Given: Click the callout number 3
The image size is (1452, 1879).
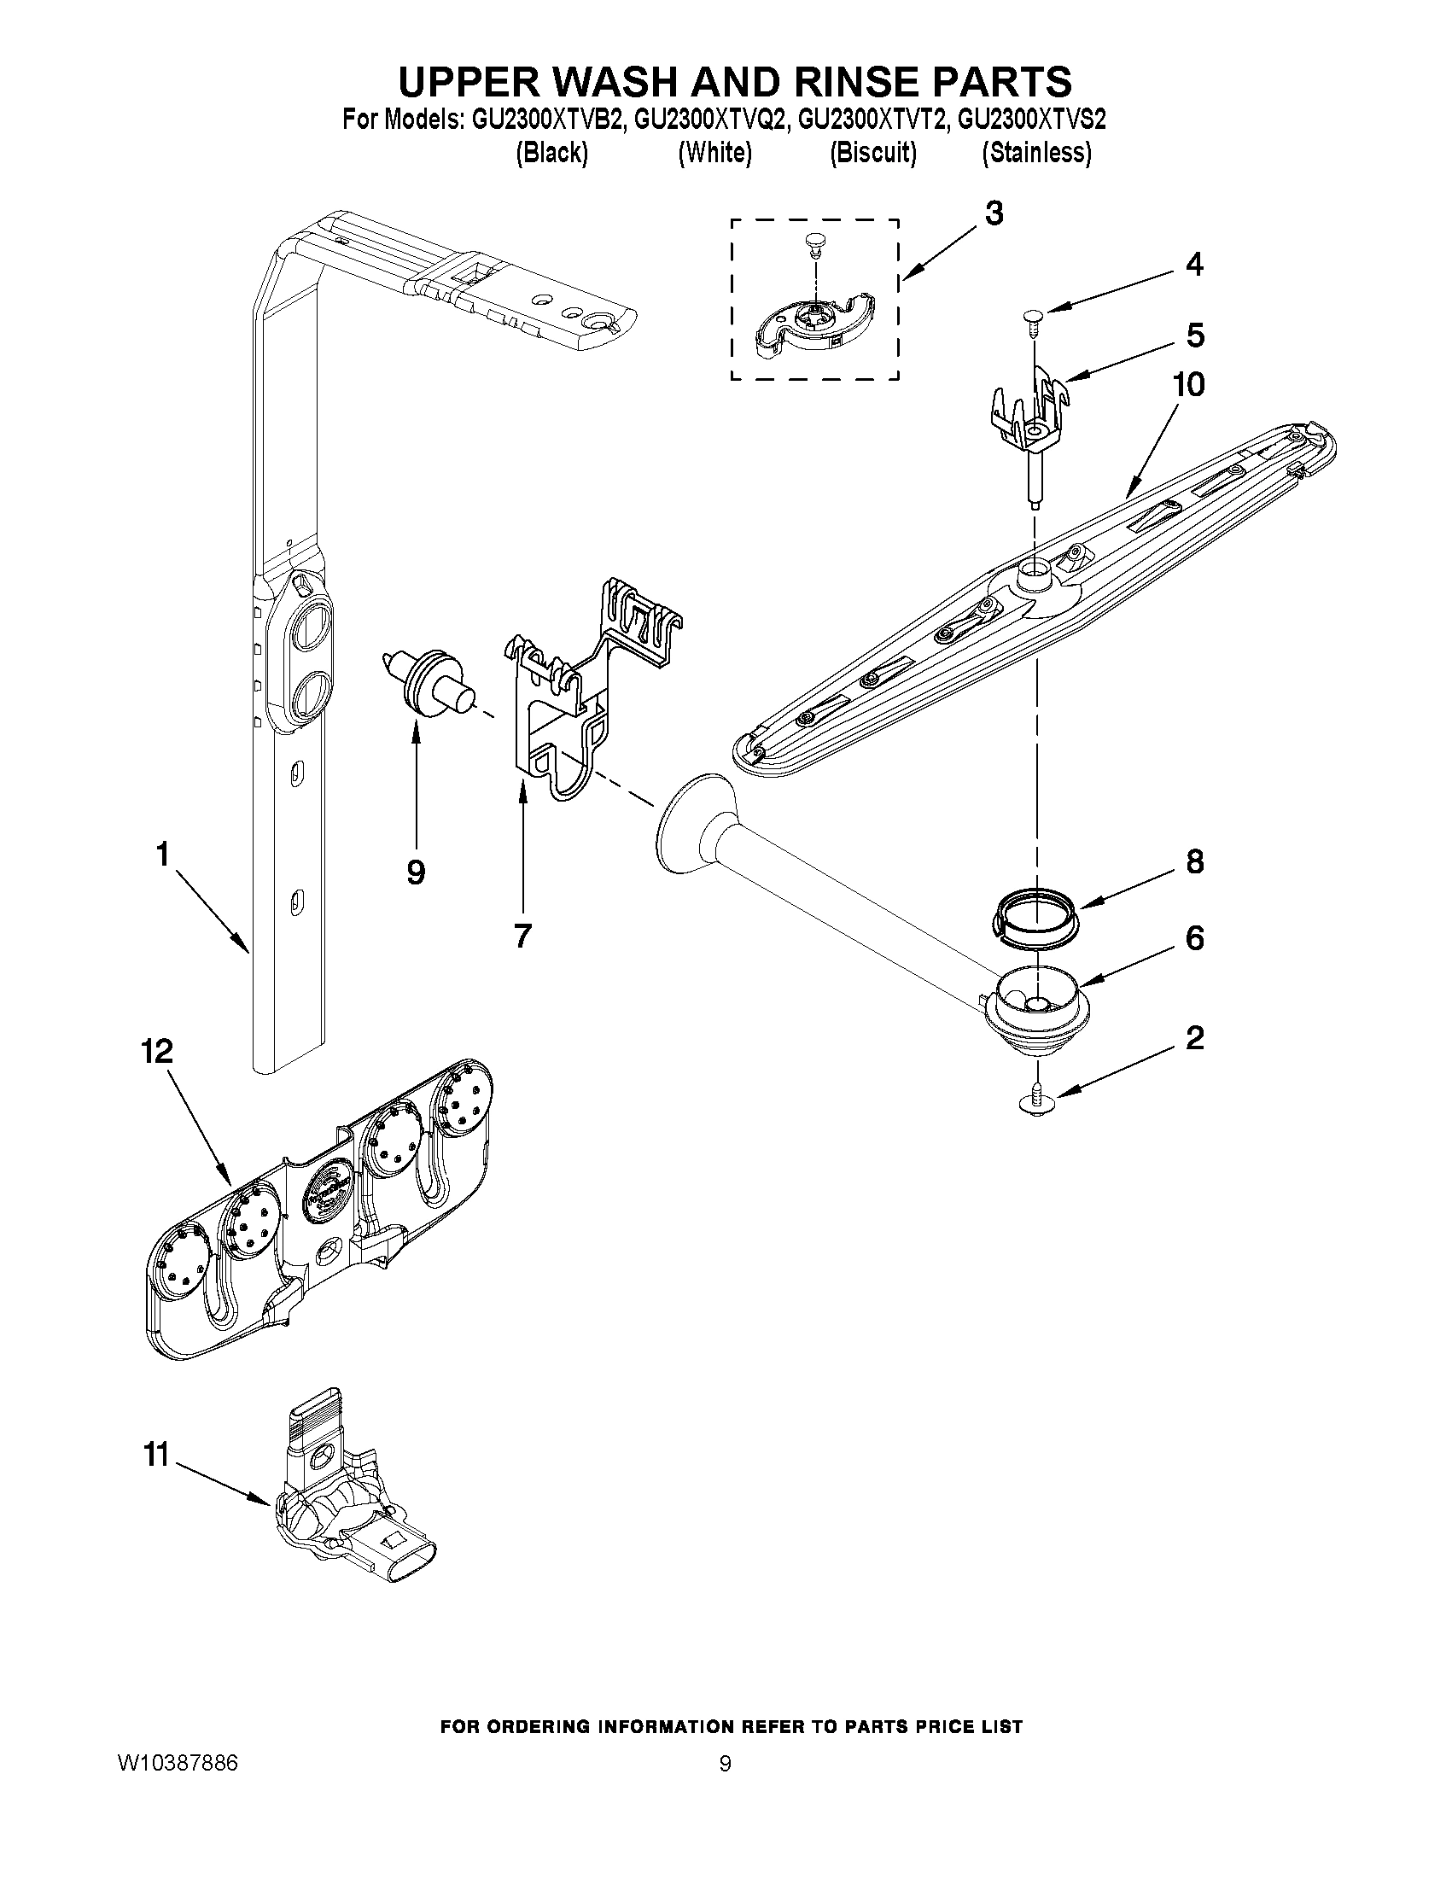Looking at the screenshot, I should click(994, 213).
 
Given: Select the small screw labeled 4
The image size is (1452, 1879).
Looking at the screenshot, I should click(1032, 320).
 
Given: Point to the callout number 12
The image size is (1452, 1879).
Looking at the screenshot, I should click(158, 1052).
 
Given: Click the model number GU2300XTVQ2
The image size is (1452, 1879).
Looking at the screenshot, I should click(709, 119).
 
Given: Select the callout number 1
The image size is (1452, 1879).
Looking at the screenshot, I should click(161, 855).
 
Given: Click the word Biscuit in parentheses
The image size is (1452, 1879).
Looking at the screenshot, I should click(872, 153).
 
